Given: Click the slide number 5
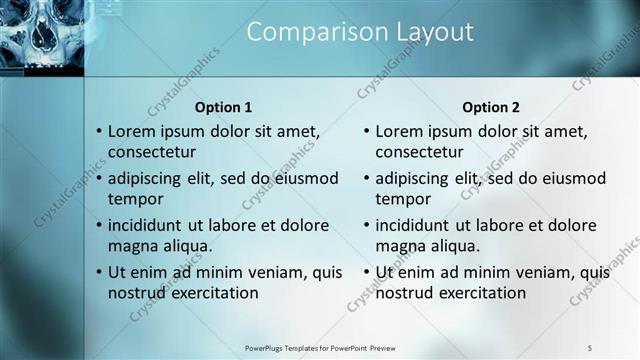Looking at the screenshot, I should click(x=589, y=347).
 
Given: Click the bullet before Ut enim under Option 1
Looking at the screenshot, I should click(x=98, y=272).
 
